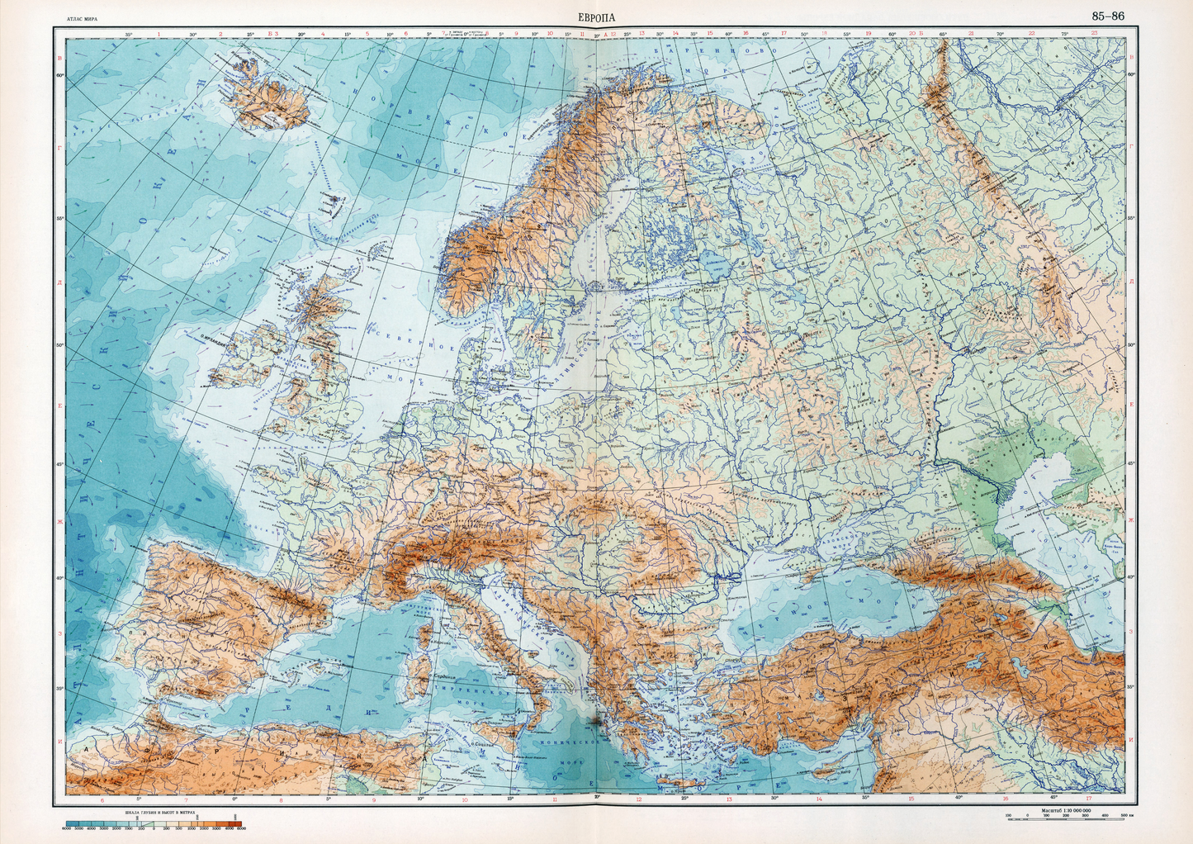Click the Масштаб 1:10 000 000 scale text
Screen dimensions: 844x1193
click(x=1065, y=811)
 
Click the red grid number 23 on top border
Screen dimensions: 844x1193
click(x=1094, y=34)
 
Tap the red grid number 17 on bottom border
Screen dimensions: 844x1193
click(x=1090, y=799)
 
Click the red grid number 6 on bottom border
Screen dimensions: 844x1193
click(x=102, y=799)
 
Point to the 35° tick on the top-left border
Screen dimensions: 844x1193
click(x=129, y=34)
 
